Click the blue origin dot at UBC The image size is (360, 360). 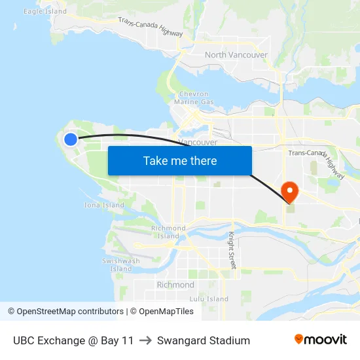(71, 139)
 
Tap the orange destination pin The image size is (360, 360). (289, 191)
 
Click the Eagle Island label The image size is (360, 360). (45, 11)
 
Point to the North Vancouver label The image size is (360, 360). (236, 55)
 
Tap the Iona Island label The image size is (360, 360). (104, 205)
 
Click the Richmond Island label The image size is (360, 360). (168, 232)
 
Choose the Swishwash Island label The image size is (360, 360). (121, 264)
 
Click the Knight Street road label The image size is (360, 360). (231, 250)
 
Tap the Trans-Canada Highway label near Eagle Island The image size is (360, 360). (151, 27)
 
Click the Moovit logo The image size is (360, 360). (321, 340)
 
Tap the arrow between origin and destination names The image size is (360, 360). (145, 340)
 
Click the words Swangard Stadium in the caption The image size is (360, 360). (204, 340)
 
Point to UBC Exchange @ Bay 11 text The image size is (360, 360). (73, 340)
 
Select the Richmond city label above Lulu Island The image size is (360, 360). (175, 285)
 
